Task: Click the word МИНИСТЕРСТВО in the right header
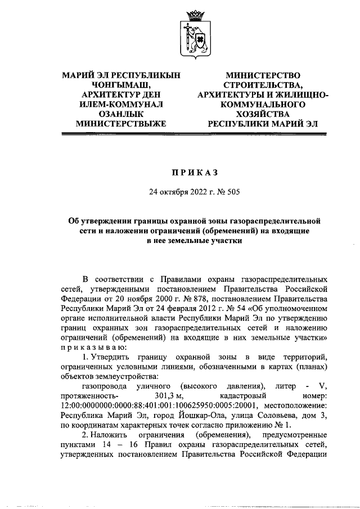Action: click(262, 75)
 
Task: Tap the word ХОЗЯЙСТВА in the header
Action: click(262, 115)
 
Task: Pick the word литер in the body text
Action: click(286, 385)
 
